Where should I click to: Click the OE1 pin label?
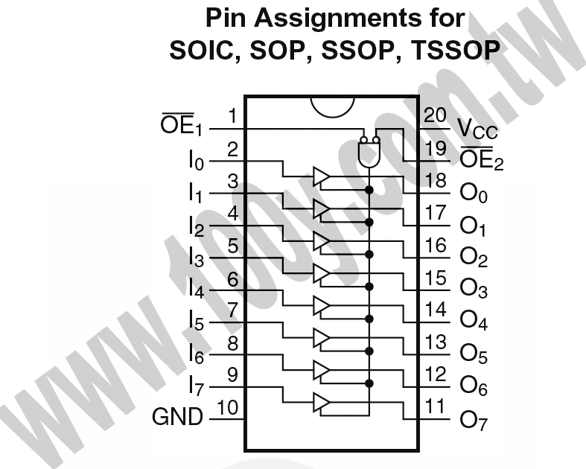181,124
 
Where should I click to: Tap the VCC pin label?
477,130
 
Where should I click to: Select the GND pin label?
177,417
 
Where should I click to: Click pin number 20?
435,115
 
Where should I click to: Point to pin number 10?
227,407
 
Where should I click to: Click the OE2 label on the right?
482,159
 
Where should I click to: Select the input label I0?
197,160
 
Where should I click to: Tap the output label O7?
474,421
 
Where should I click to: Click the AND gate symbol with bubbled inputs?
369,151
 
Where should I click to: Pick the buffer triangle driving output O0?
321,176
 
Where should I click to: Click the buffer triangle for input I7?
321,403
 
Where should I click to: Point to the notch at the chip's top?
332,107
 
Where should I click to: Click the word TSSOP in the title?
455,50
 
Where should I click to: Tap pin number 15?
436,278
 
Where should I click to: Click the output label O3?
474,289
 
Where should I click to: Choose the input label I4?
197,289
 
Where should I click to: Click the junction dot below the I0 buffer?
369,191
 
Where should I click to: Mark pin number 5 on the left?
233,246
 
